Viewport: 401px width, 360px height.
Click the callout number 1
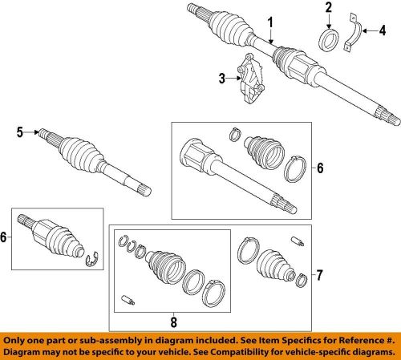(270, 21)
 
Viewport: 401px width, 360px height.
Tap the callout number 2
(328, 10)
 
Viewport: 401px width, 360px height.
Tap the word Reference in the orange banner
(344, 339)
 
